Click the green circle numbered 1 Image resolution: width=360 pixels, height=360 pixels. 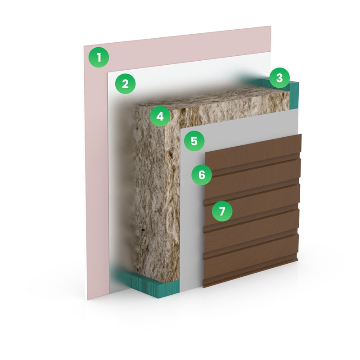[x=99, y=57]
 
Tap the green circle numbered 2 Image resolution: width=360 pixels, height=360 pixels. [x=126, y=84]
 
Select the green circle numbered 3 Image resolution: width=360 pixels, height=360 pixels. [x=279, y=78]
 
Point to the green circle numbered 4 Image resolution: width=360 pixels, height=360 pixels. [x=160, y=117]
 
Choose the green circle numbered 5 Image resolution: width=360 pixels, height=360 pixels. [x=194, y=141]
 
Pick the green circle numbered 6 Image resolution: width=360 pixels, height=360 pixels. [x=202, y=175]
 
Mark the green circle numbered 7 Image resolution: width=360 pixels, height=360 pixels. [x=222, y=211]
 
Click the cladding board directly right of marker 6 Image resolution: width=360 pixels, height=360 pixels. [x=252, y=177]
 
